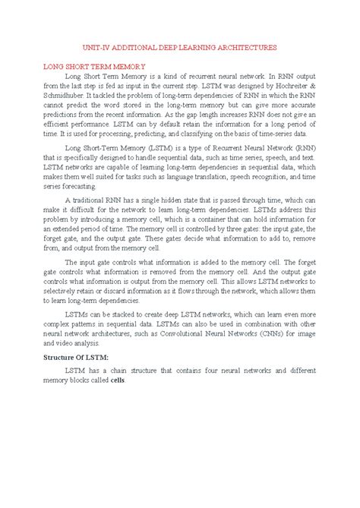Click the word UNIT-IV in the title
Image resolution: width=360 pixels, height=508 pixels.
[97, 47]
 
